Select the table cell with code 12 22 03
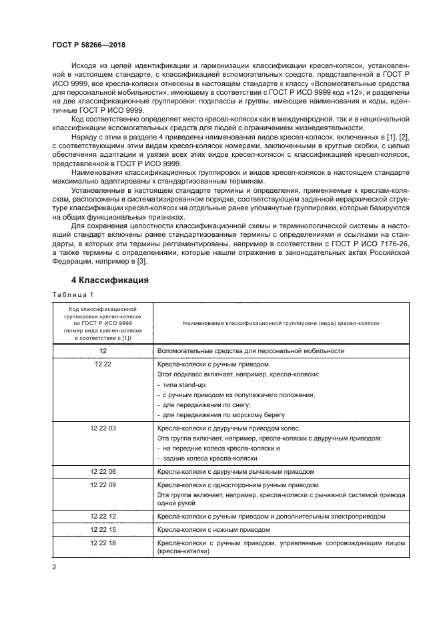[x=103, y=428]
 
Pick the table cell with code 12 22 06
[x=103, y=471]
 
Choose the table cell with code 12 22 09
[x=103, y=485]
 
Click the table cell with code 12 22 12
[x=103, y=517]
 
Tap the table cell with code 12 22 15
[x=103, y=529]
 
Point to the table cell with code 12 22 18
[x=103, y=543]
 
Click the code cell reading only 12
[x=103, y=350]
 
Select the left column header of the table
[x=103, y=323]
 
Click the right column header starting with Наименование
[x=280, y=323]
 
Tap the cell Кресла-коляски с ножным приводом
[x=213, y=529]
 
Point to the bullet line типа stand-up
[x=183, y=384]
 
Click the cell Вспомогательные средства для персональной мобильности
[x=251, y=350]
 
